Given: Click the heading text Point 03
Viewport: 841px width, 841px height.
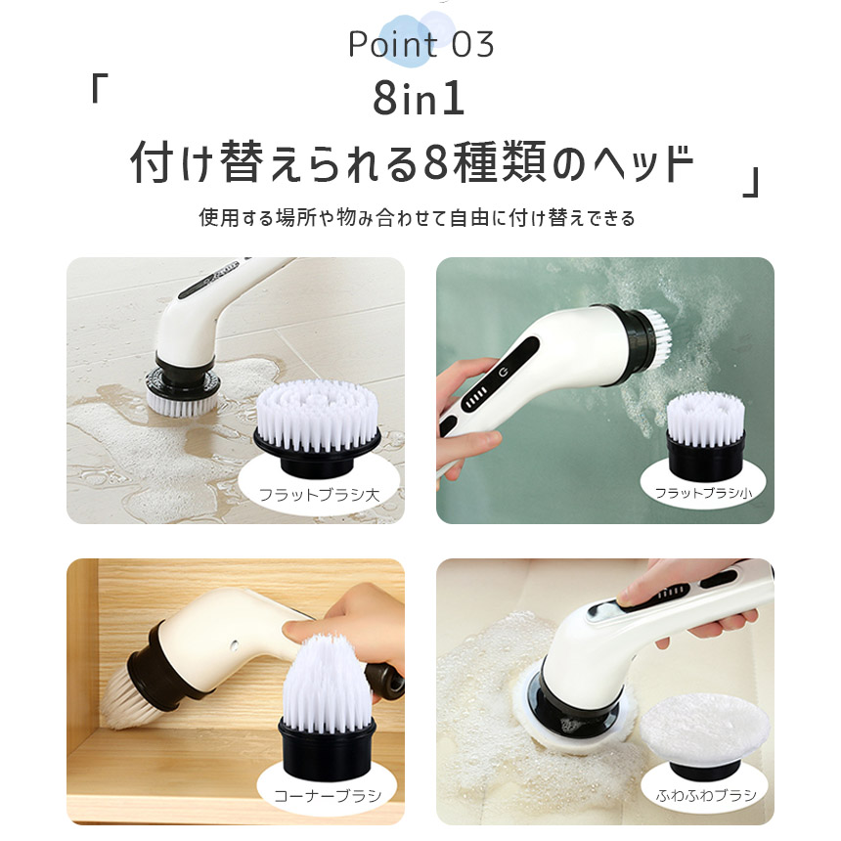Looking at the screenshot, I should coord(420,45).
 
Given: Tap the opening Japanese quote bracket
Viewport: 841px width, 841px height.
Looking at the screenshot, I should coord(96,90).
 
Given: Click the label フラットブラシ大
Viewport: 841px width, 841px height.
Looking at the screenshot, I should coord(319,496).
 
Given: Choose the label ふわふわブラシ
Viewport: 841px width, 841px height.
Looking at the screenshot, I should coord(699,795).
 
